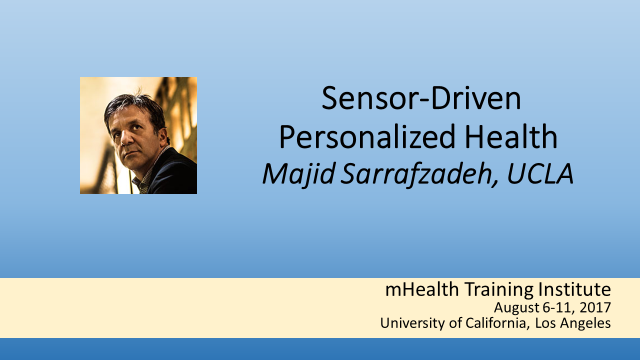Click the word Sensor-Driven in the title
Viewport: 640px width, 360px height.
pos(421,98)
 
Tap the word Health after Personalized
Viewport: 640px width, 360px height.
pos(511,136)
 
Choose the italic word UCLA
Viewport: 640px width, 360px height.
pos(540,173)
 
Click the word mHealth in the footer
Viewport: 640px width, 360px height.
pos(422,289)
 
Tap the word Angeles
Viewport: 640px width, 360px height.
pos(585,323)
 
